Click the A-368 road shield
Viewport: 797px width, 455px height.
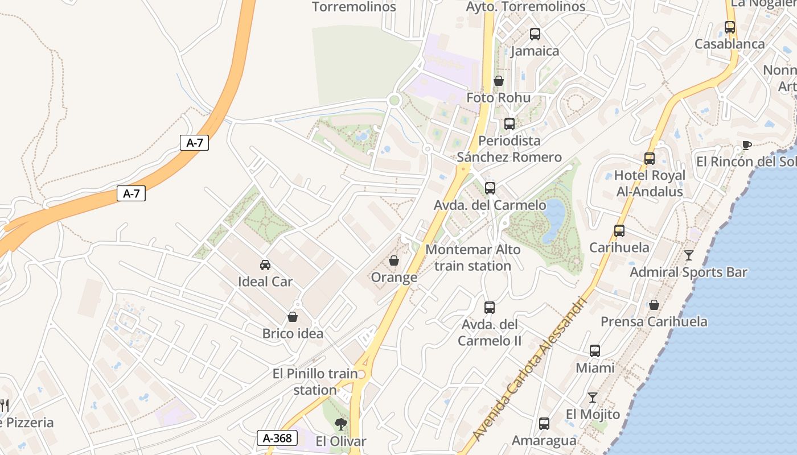point(277,438)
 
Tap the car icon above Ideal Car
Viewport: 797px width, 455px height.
point(265,264)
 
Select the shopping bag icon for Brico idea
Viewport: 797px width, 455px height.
point(293,317)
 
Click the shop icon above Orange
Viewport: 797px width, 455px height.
point(393,260)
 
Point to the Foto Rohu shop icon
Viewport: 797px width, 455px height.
point(499,81)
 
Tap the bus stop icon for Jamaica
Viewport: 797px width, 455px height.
point(535,34)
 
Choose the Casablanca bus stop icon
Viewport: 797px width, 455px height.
point(730,27)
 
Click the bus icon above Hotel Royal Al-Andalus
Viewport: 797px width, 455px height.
point(650,159)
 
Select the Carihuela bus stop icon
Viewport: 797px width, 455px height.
point(619,231)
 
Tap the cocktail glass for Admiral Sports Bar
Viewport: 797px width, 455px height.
point(689,255)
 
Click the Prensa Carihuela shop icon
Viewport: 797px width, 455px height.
point(654,305)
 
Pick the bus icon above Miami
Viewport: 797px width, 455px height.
point(595,351)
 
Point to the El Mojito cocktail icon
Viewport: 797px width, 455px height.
point(593,398)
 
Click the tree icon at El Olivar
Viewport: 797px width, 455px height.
point(340,424)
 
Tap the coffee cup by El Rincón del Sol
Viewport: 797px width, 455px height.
point(747,145)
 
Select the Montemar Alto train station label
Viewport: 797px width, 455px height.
point(473,258)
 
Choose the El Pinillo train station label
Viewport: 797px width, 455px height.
point(315,382)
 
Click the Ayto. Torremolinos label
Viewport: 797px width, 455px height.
point(525,7)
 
